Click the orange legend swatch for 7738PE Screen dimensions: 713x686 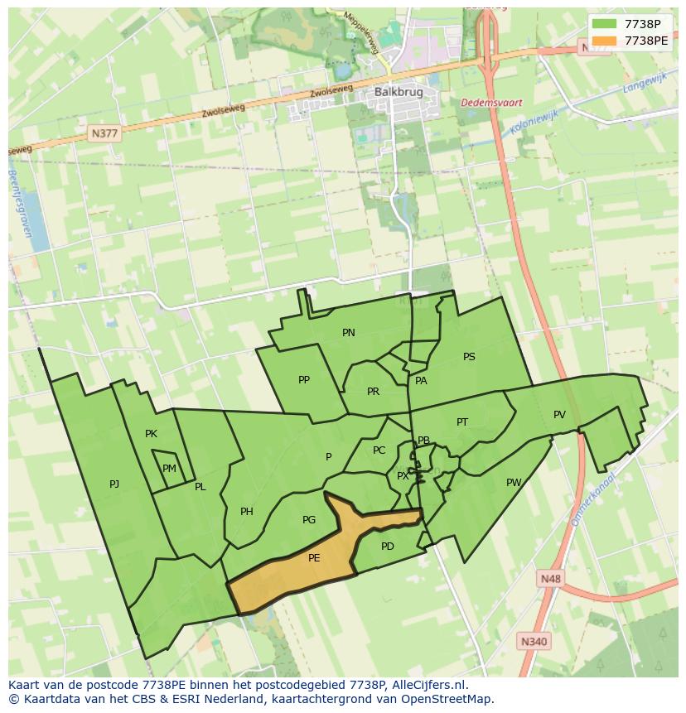[605, 41]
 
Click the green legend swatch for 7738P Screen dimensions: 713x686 [605, 23]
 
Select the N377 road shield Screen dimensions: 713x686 [105, 132]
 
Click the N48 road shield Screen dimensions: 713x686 [549, 579]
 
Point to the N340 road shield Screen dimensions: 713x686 [534, 641]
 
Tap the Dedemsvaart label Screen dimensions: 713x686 [492, 103]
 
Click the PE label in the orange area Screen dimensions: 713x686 [314, 558]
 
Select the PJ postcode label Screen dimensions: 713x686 [114, 484]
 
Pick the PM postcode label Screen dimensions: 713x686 [169, 469]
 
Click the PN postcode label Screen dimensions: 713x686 [349, 333]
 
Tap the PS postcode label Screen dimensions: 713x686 [469, 357]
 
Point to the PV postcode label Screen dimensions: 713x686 [559, 415]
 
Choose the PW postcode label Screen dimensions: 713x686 [514, 483]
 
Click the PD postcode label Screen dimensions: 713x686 [388, 547]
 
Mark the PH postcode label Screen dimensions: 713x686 [246, 512]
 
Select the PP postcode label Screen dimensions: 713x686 [304, 380]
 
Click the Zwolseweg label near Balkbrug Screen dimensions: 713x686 [331, 89]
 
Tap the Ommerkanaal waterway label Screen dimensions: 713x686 [592, 500]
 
